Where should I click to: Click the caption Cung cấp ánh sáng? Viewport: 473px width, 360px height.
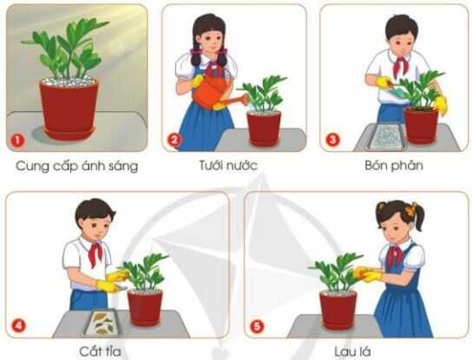pos(76,165)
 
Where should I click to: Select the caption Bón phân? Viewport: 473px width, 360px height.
pos(395,165)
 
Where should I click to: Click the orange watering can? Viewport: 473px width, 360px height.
pos(214,94)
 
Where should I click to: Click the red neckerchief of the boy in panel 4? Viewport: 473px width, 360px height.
pos(95,251)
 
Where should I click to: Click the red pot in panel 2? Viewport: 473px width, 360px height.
pos(264,128)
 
